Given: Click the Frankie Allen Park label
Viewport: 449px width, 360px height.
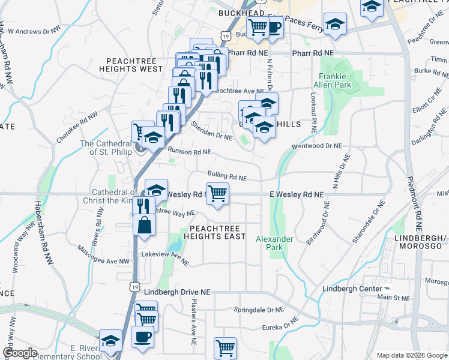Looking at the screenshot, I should [x=334, y=80].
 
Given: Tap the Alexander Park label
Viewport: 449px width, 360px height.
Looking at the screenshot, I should [x=274, y=243].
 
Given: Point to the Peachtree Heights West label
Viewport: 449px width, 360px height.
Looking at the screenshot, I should [x=134, y=65].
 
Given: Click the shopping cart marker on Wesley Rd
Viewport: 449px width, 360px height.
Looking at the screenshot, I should [x=217, y=194].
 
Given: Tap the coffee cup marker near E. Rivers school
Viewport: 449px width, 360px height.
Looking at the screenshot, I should [x=142, y=337].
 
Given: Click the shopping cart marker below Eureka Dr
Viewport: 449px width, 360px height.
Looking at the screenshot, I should [x=225, y=347].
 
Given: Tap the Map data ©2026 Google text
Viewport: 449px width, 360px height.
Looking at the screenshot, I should [x=411, y=355].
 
